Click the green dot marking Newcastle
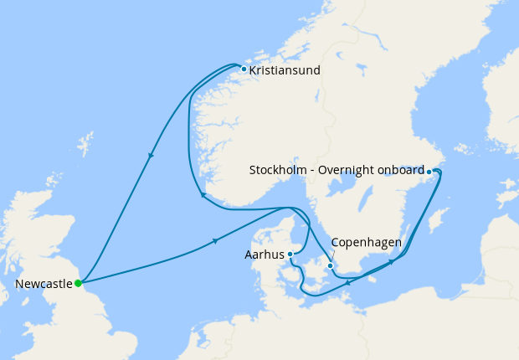pyautogui.click(x=78, y=283)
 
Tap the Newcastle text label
pyautogui.click(x=44, y=284)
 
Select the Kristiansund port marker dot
pyautogui.click(x=244, y=69)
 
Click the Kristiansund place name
pyautogui.click(x=285, y=70)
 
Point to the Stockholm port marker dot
pyautogui.click(x=429, y=172)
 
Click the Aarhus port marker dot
pyautogui.click(x=290, y=254)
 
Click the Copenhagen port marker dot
pyautogui.click(x=331, y=266)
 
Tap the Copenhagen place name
pyautogui.click(x=367, y=243)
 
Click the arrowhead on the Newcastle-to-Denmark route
pyautogui.click(x=216, y=241)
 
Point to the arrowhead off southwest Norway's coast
pyautogui.click(x=202, y=196)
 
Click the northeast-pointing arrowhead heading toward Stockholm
pyautogui.click(x=391, y=263)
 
